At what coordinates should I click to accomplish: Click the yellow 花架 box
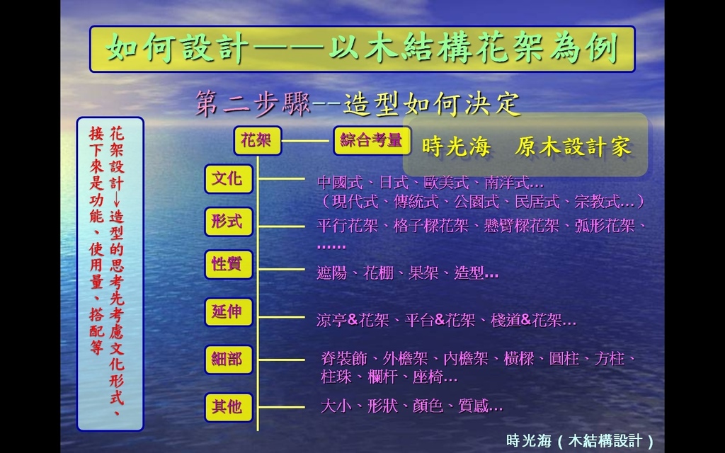pyautogui.click(x=258, y=141)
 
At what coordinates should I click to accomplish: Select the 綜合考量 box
pyautogui.click(x=372, y=141)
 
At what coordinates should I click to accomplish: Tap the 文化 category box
pyautogui.click(x=229, y=179)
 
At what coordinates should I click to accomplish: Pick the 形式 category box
pyautogui.click(x=229, y=222)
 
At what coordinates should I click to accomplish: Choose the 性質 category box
pyautogui.click(x=229, y=265)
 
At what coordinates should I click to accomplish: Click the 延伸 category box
pyautogui.click(x=229, y=312)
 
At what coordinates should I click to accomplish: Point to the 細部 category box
pyautogui.click(x=229, y=359)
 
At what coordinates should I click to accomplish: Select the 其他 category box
pyautogui.click(x=229, y=407)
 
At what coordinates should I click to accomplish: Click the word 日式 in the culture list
pyautogui.click(x=394, y=183)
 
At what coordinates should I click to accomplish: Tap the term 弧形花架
pyautogui.click(x=605, y=226)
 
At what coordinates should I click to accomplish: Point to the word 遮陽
pyautogui.click(x=331, y=273)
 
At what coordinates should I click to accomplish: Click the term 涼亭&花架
pyautogui.click(x=353, y=321)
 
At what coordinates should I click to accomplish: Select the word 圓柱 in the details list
pyautogui.click(x=564, y=359)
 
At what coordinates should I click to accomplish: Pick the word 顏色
pyautogui.click(x=428, y=406)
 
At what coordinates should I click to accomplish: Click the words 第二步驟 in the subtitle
pyautogui.click(x=253, y=103)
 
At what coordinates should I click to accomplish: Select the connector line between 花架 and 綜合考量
pyautogui.click(x=307, y=141)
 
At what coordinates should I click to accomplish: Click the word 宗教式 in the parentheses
pyautogui.click(x=598, y=202)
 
